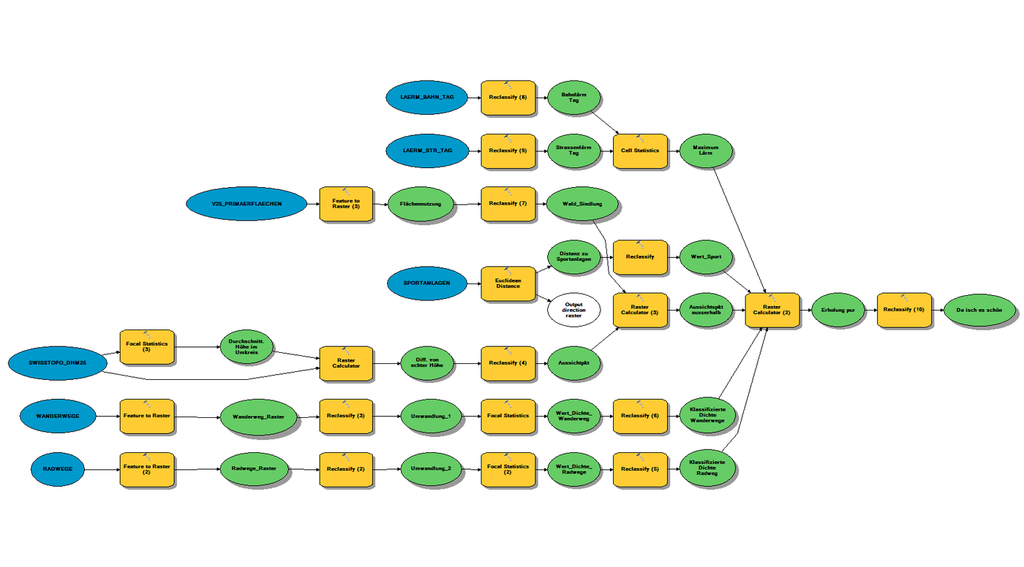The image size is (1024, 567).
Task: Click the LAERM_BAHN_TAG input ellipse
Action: point(428,97)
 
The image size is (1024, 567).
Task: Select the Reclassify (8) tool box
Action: point(508,97)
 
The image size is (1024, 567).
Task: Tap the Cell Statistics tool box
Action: point(640,151)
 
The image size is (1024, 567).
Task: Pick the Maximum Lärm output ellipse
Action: point(706,151)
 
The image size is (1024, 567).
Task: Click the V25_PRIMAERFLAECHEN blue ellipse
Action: point(246,204)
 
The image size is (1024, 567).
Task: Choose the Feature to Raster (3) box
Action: point(346,204)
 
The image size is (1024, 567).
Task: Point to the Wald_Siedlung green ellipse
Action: point(583,204)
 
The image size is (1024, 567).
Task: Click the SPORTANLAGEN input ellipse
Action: point(428,283)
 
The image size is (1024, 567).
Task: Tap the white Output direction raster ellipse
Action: point(573,311)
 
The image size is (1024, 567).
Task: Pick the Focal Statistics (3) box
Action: point(146,347)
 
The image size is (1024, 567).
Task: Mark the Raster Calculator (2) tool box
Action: point(772,309)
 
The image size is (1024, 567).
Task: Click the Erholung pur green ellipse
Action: point(838,309)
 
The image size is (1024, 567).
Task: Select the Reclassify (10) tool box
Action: point(904,309)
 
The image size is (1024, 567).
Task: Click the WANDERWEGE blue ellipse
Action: point(59,416)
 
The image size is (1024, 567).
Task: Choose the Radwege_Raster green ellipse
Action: point(254,468)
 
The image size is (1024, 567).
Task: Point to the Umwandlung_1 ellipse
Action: point(431,416)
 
